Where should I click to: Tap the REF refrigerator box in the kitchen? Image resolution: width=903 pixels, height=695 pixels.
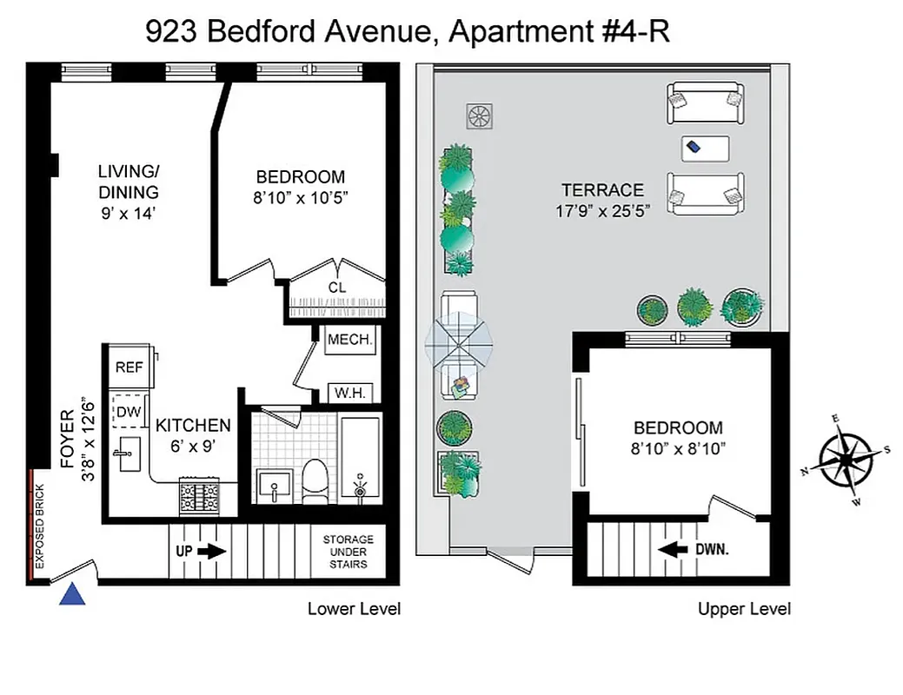tap(129, 367)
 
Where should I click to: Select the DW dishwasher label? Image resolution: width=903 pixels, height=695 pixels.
tap(129, 412)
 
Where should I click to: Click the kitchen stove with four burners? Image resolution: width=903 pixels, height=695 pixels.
tap(199, 495)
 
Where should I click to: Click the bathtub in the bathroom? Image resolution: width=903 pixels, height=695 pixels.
tap(359, 459)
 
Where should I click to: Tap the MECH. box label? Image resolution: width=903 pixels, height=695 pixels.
tap(350, 340)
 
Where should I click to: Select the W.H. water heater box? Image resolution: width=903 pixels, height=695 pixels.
tap(351, 393)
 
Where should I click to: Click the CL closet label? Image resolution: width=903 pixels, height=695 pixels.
tap(336, 288)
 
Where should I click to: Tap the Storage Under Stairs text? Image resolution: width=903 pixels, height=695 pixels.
tap(349, 552)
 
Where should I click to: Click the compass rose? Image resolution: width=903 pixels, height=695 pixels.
tap(846, 458)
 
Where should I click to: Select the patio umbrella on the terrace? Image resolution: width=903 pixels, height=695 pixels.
tap(459, 341)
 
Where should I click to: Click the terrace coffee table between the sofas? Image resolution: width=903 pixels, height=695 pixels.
tap(704, 148)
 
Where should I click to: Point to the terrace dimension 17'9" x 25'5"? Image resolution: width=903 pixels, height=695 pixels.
tap(602, 209)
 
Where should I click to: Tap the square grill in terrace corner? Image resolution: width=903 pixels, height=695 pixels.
tap(479, 116)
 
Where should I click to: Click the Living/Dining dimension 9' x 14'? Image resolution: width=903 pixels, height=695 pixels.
tap(129, 211)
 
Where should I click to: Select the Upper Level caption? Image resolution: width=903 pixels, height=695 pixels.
tap(744, 609)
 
